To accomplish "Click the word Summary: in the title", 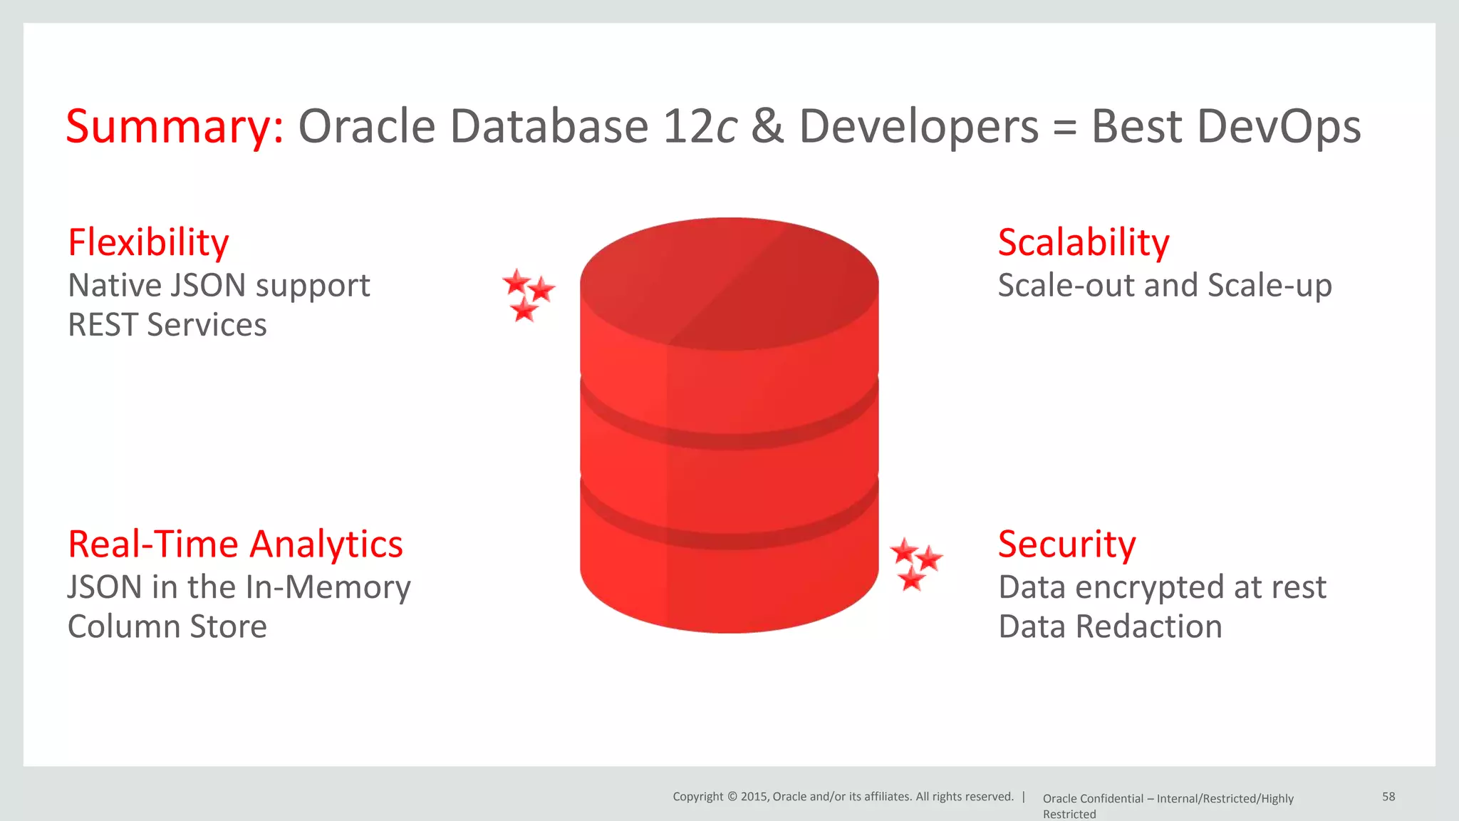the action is tap(175, 127).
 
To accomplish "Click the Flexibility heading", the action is tap(148, 242).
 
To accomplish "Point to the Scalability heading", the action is tap(1083, 242).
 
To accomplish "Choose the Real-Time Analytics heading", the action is tap(235, 544).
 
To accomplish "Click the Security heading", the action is tap(1066, 544).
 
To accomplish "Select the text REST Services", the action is tap(167, 325).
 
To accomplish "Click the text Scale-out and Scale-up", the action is tap(1164, 286).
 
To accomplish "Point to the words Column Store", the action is tap(167, 627).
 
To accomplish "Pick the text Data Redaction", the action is tap(1110, 627).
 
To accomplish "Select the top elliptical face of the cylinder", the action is tap(729, 284).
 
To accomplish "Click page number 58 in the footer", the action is tap(1388, 797).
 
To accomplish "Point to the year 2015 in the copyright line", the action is tap(754, 797).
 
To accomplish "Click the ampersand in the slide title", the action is tap(767, 127).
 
